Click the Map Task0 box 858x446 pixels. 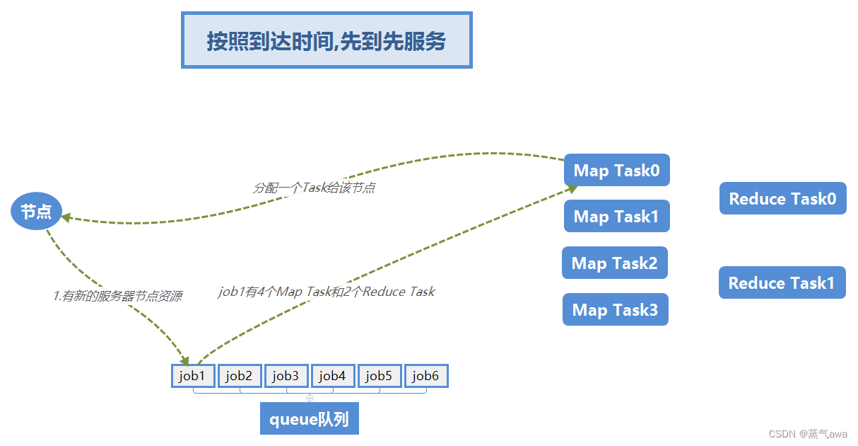tap(616, 171)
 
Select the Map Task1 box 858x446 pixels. tap(616, 217)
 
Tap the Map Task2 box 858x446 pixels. tap(614, 263)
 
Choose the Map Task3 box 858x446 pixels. tap(615, 310)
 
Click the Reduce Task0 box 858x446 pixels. tap(782, 199)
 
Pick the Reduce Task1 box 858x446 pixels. tap(782, 283)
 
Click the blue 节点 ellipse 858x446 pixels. tap(36, 212)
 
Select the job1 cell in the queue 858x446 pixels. tap(193, 376)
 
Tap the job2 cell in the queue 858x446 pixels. tap(240, 376)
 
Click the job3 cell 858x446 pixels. tap(286, 376)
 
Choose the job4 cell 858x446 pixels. tap(333, 376)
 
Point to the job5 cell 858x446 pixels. tap(380, 376)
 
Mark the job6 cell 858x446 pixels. tap(426, 376)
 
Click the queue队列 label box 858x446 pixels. tap(310, 419)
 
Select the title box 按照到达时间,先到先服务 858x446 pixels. tap(327, 40)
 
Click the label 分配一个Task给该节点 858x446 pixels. tap(313, 188)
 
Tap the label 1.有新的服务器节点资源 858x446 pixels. tap(117, 297)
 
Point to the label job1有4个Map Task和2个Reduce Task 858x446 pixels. tap(327, 292)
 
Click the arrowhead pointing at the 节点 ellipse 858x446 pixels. tap(66, 217)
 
